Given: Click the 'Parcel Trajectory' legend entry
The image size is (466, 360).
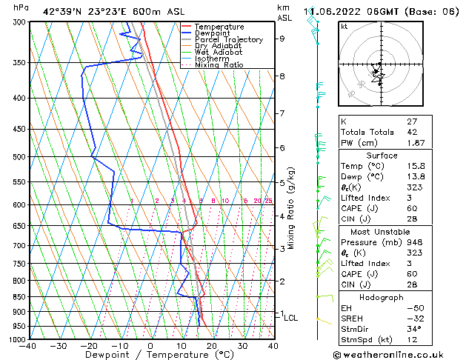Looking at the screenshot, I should coord(228,40).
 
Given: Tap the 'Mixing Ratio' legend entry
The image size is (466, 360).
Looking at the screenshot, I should coord(219,65).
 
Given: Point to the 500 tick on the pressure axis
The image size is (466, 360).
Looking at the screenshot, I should coord(20,157).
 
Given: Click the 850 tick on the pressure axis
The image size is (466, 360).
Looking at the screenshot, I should coord(20,297).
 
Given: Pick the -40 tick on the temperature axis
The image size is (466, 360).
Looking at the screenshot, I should coord(28,346).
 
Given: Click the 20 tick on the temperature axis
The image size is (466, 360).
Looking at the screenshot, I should coord(212,346).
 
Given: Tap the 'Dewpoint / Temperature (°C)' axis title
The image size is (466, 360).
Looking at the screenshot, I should coord(151,355).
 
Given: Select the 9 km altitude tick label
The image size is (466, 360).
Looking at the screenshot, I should coord(282,39).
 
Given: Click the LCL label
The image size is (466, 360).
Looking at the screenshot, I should coord(291,318).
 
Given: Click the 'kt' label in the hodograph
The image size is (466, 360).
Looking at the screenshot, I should coord(344,27).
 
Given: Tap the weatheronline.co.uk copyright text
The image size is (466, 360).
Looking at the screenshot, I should coord(400,355).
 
